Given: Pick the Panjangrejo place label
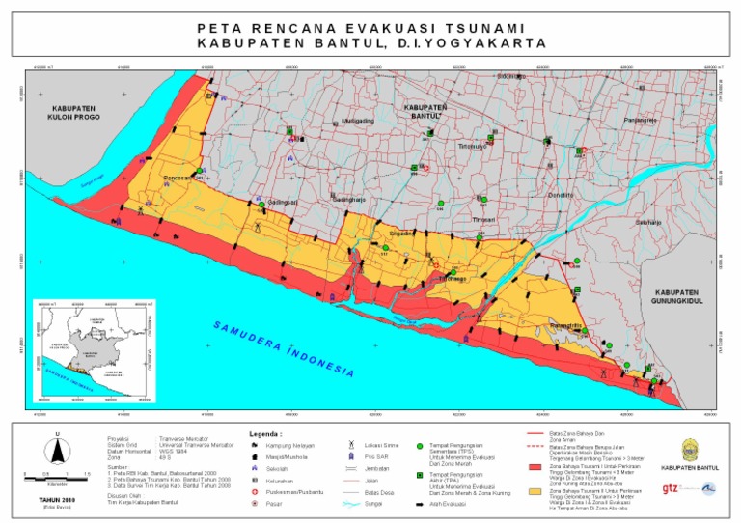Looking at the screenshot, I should pyautogui.click(x=640, y=120).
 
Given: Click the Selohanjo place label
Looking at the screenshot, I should pyautogui.click(x=647, y=222).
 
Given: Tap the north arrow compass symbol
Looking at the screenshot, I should pyautogui.click(x=58, y=449).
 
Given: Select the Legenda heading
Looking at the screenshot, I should pyautogui.click(x=266, y=433).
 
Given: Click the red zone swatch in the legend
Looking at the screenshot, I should pyautogui.click(x=535, y=467).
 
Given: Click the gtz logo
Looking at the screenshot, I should pyautogui.click(x=671, y=488).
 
